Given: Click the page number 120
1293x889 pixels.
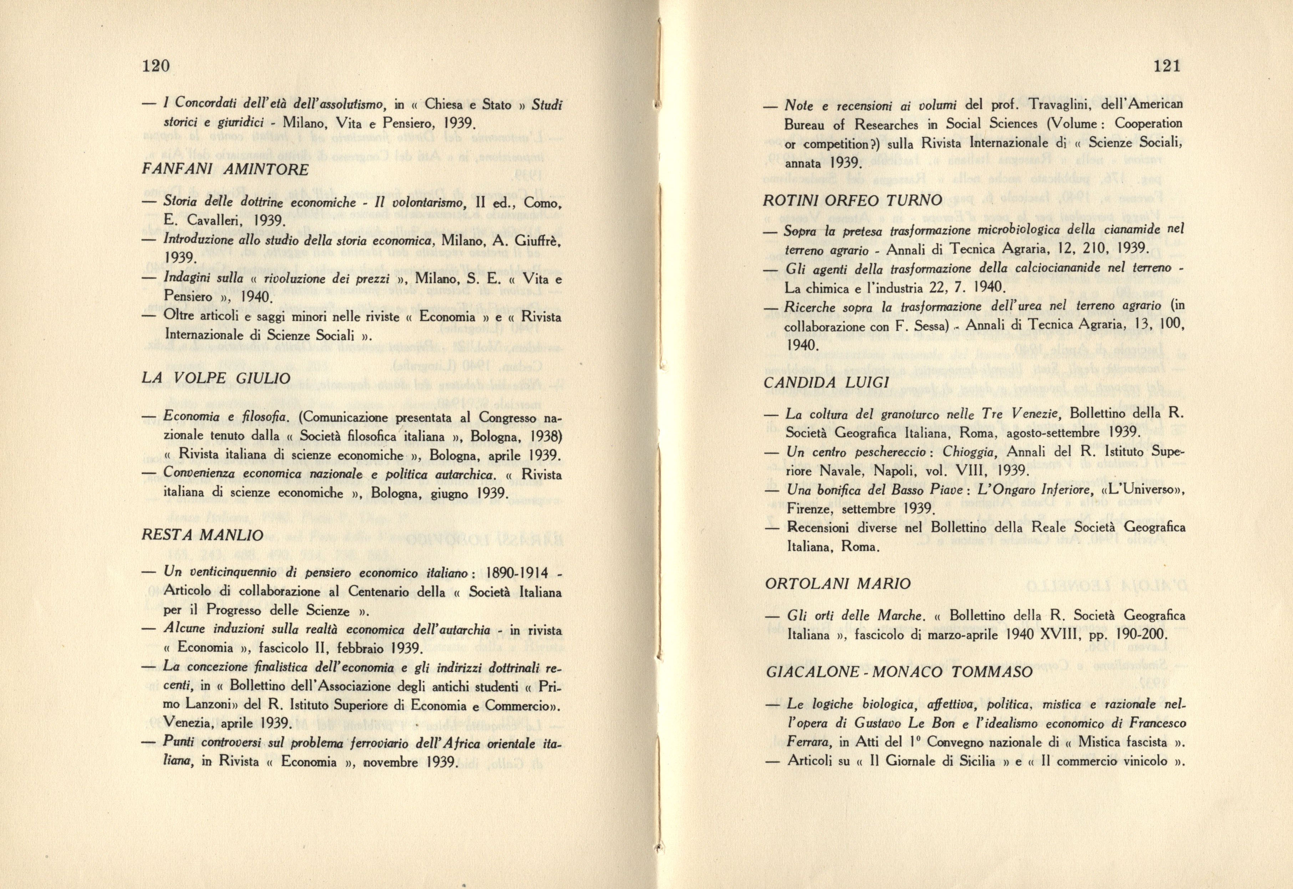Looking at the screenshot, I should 156,66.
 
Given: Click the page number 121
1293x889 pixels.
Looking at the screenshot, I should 1164,66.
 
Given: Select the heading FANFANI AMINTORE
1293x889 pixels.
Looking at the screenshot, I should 225,169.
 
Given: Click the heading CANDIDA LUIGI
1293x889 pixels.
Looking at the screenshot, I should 827,383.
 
